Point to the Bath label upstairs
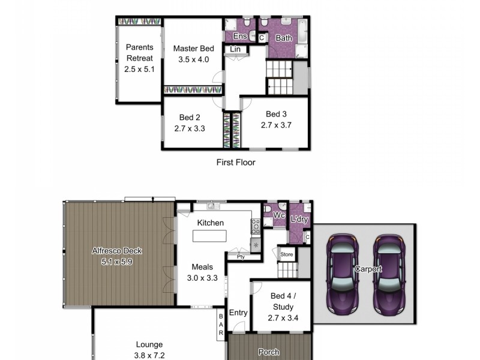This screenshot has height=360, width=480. pos(284,38)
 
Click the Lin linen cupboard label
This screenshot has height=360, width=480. pos(235,49)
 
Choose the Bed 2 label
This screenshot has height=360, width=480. pos(190,117)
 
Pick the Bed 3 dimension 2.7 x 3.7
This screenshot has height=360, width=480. pos(275,125)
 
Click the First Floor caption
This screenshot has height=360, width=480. pos(236,162)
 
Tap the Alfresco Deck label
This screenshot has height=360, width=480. pos(117,251)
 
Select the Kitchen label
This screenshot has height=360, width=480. pos(210,223)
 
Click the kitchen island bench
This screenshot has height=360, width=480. pos(209,236)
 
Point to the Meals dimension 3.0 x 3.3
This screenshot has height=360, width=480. pos(203,278)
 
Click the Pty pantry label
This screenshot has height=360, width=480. pos(240,257)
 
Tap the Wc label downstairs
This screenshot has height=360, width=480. pos(278,215)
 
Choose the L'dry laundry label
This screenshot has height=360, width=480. pos(299,220)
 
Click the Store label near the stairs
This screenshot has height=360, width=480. pos(286,255)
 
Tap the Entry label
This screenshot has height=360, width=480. pos(238,313)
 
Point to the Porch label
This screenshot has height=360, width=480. pos(268,352)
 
